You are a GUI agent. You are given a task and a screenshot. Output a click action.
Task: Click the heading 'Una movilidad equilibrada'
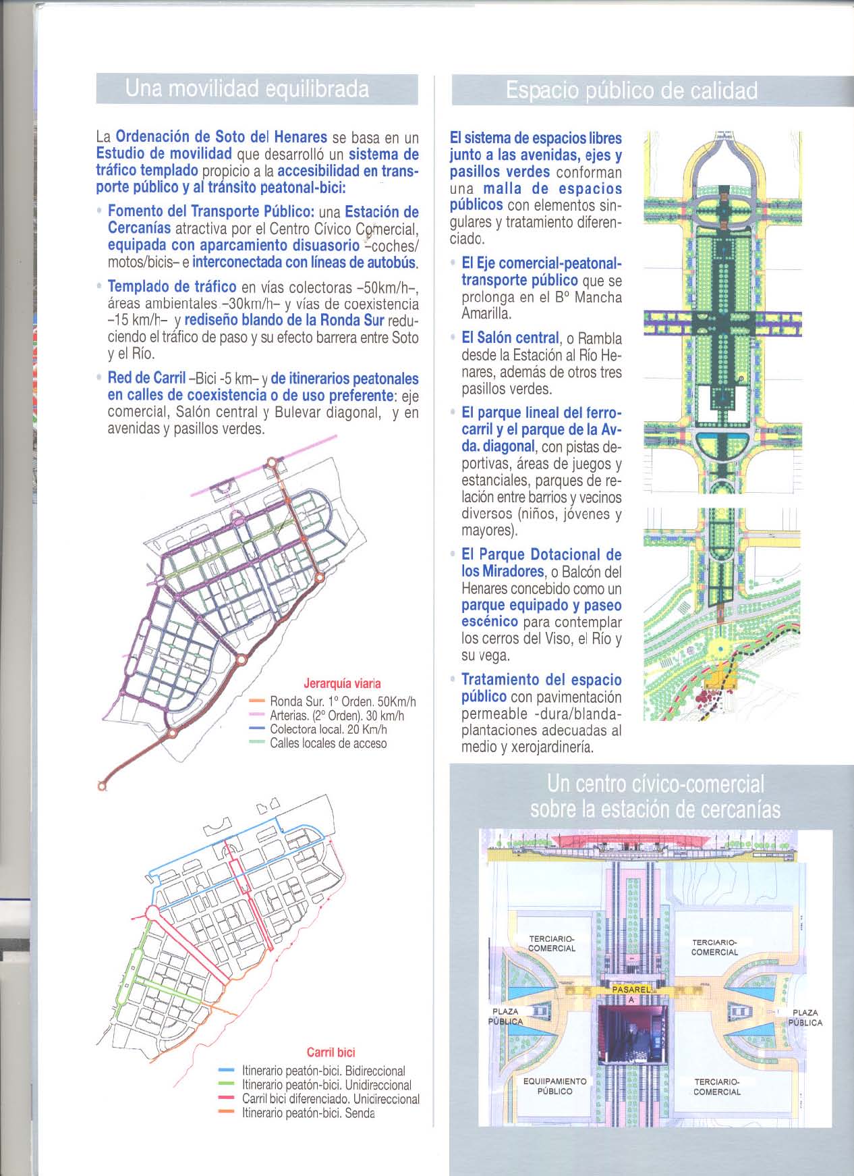247,89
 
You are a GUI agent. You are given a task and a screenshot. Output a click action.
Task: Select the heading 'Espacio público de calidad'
631,91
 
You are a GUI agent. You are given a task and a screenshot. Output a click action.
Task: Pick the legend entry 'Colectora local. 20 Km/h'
328,729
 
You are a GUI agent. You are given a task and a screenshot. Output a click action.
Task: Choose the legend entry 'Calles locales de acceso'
328,743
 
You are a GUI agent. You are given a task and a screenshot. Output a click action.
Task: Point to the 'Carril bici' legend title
331,1052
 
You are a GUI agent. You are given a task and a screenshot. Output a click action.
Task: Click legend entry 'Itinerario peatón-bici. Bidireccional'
323,1071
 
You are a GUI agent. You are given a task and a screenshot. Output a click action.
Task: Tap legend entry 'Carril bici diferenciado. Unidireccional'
330,1099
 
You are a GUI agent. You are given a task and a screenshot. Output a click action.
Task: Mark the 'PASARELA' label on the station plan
631,989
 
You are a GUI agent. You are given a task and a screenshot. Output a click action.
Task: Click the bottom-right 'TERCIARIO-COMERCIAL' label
717,1086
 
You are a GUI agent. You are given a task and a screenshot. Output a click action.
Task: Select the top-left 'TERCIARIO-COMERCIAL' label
551,943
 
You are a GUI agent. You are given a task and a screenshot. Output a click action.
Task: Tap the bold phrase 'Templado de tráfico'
172,288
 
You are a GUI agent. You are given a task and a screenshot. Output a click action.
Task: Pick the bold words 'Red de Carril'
146,379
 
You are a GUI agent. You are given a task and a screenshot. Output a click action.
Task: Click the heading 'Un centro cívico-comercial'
655,784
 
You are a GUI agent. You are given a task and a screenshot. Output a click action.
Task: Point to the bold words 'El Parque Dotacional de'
541,555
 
